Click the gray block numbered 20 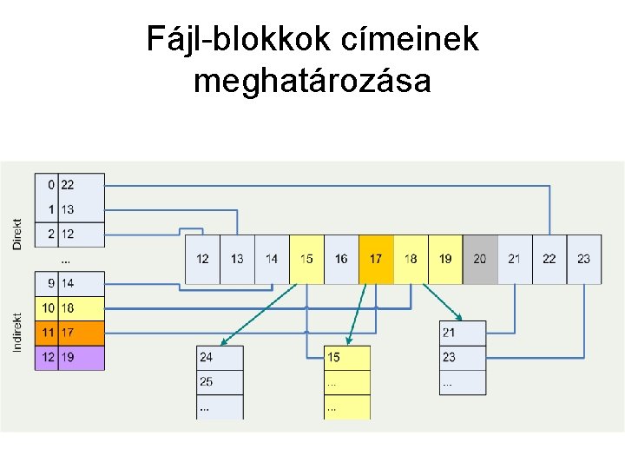(x=480, y=259)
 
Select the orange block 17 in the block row (x=376, y=259)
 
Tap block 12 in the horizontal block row (x=202, y=259)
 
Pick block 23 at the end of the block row (x=583, y=259)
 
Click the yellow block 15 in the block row (x=306, y=259)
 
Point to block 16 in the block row (x=341, y=259)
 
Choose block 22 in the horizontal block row (x=549, y=259)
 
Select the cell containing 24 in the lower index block (x=220, y=357)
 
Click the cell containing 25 (x=220, y=381)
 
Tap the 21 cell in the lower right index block (x=463, y=333)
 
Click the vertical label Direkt (x=17, y=233)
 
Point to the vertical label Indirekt (x=17, y=333)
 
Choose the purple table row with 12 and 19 (x=69, y=358)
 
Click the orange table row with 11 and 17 (x=69, y=333)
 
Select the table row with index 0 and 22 (x=69, y=185)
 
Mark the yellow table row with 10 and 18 (x=69, y=308)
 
